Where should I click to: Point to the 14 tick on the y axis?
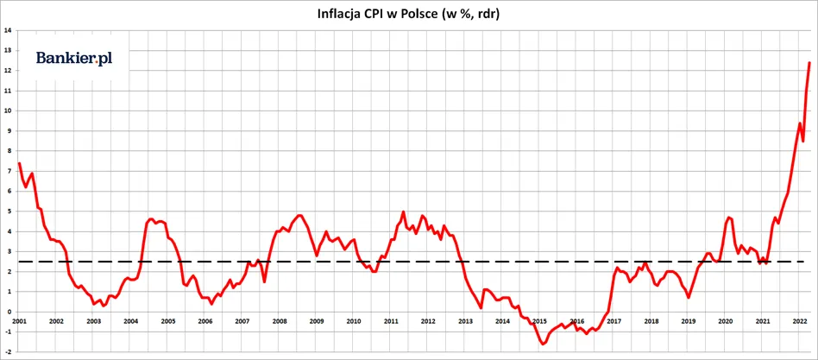pyautogui.click(x=8, y=30)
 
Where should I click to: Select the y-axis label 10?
pyautogui.click(x=8, y=111)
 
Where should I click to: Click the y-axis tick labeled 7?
pyautogui.click(x=9, y=171)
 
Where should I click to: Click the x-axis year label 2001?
pyautogui.click(x=19, y=321)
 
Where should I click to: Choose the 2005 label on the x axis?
pyautogui.click(x=167, y=321)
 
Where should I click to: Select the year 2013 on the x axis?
pyautogui.click(x=465, y=321)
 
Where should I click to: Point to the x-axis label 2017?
pyautogui.click(x=613, y=321)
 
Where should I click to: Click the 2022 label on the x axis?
pyautogui.click(x=800, y=321)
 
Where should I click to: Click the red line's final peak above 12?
pyautogui.click(x=809, y=62)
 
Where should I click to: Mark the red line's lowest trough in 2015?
pyautogui.click(x=543, y=344)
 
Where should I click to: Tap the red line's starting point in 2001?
pyautogui.click(x=19, y=163)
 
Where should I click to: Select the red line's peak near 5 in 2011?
pyautogui.click(x=403, y=212)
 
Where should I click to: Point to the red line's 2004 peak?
pyautogui.click(x=151, y=219)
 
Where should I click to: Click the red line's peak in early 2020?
pyautogui.click(x=729, y=217)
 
